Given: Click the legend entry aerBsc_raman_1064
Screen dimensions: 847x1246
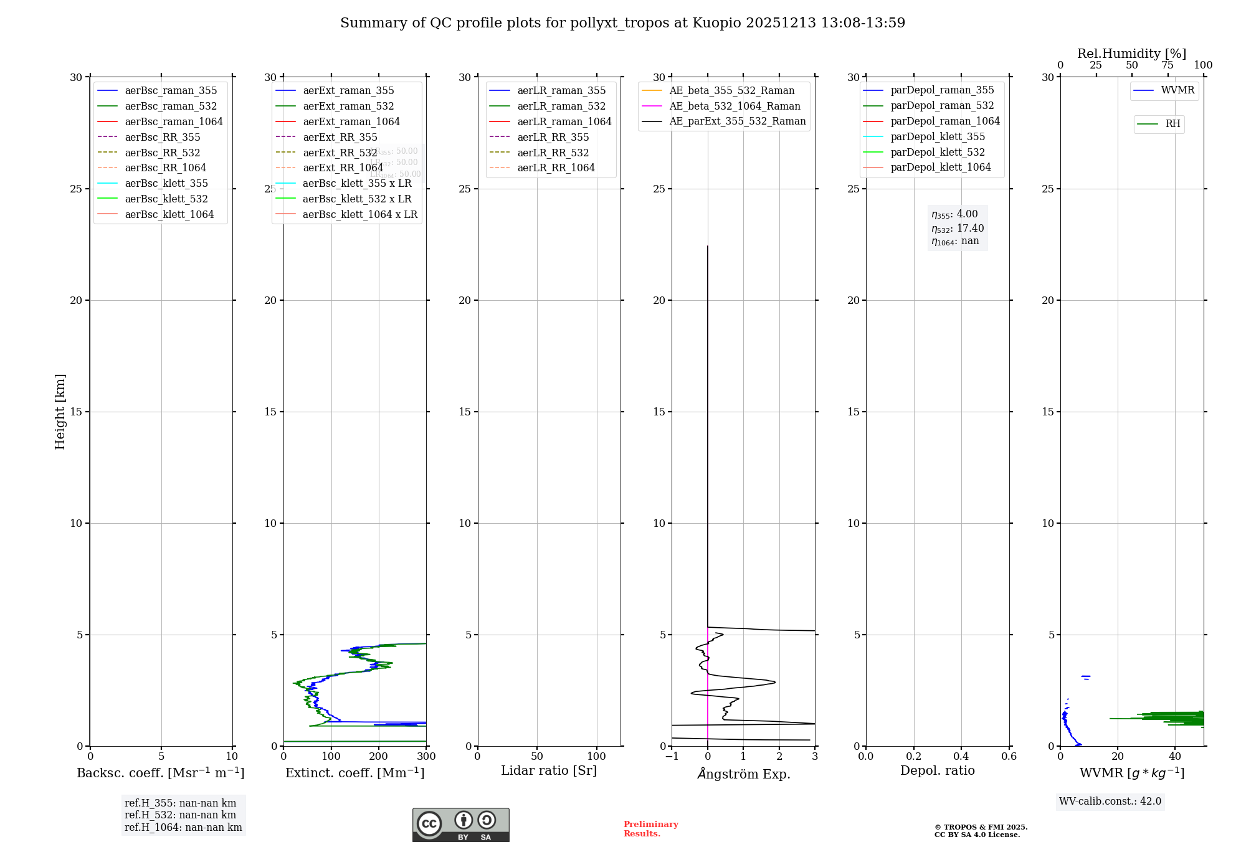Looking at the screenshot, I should (x=174, y=122).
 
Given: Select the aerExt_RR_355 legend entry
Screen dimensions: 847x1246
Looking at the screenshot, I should (x=340, y=138).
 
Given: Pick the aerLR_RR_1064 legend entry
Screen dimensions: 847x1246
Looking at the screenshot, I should (x=556, y=168).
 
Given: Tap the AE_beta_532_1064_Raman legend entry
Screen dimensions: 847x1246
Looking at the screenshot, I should (x=735, y=106).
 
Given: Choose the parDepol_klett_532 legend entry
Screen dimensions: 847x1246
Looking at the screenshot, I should (x=938, y=153).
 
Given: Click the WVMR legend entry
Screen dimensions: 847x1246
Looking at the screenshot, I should (x=1177, y=90).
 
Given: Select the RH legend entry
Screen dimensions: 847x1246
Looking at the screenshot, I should (x=1172, y=124).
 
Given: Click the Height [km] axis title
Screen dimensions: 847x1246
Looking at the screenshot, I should (x=60, y=412).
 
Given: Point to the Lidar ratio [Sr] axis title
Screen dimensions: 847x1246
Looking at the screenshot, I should (x=549, y=771).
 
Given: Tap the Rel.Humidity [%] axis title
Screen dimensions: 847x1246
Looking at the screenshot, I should (x=1131, y=54).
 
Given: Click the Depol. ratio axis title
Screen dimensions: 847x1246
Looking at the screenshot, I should (x=937, y=771).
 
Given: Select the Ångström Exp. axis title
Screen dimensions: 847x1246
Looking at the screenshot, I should (x=743, y=774).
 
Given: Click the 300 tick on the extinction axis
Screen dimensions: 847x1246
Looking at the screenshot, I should (x=426, y=757).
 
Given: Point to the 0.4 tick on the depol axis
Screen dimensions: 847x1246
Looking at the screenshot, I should (x=961, y=757).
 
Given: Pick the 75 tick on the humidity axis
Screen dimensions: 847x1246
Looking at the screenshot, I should (x=1168, y=65).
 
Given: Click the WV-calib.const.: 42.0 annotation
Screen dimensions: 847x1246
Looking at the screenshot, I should (x=1110, y=802).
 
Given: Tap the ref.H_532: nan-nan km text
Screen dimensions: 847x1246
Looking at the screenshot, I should (x=180, y=815).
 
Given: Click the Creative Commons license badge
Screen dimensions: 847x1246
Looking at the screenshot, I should (x=460, y=825).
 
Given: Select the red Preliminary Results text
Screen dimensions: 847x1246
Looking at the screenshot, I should (x=650, y=829).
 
